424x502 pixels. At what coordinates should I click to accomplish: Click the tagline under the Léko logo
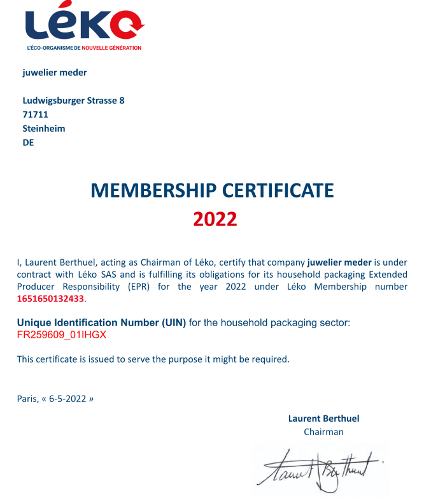click(84, 48)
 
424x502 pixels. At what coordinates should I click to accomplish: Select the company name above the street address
click(55, 72)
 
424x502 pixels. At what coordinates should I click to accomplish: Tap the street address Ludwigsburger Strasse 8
click(74, 101)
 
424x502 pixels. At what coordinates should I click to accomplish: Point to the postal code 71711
click(35, 115)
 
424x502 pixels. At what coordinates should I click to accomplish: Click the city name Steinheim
click(44, 129)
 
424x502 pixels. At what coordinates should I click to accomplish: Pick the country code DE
click(28, 143)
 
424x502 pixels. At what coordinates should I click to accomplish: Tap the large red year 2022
click(215, 219)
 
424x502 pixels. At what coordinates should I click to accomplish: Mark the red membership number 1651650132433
click(50, 298)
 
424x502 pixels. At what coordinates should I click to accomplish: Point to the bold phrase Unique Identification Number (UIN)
click(101, 323)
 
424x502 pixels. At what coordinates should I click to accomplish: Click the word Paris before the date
click(27, 399)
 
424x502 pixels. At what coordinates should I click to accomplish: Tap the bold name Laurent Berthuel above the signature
click(323, 419)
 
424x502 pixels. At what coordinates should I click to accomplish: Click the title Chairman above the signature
click(323, 432)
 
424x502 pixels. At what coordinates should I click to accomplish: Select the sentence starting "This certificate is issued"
click(153, 359)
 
